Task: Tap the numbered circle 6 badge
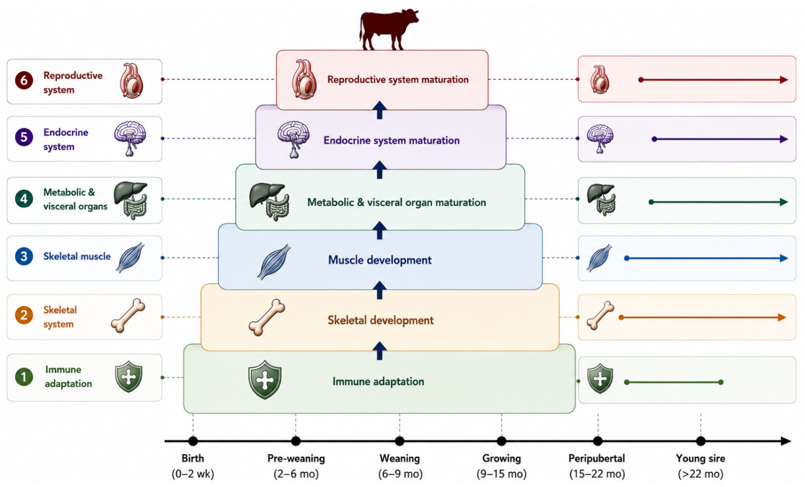[x=24, y=80]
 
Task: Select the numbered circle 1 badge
[x=24, y=377]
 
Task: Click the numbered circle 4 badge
[x=24, y=199]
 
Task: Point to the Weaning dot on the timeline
[x=399, y=441]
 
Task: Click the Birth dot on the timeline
[x=193, y=441]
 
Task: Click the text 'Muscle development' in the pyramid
[x=380, y=260]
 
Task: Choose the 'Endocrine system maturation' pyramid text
[x=391, y=140]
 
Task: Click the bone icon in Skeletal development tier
[x=267, y=317]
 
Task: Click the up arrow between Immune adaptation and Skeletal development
[x=380, y=350]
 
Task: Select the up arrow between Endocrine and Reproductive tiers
[x=380, y=110]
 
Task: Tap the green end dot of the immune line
[x=721, y=382]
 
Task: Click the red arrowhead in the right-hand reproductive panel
[x=784, y=80]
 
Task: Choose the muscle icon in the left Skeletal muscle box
[x=130, y=257]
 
